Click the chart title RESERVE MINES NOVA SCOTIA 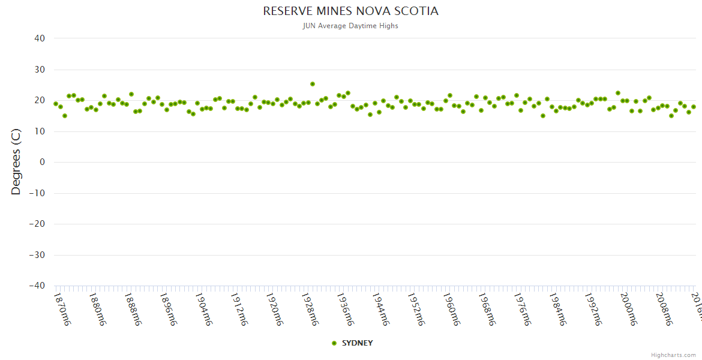pyautogui.click(x=350, y=11)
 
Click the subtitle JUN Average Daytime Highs pyautogui.click(x=350, y=26)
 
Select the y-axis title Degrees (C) pyautogui.click(x=16, y=162)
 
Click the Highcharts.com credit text pyautogui.click(x=673, y=355)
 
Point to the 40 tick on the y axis pyautogui.click(x=40, y=38)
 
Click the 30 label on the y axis pyautogui.click(x=40, y=70)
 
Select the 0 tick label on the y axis pyautogui.click(x=42, y=162)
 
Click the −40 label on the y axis pyautogui.click(x=37, y=286)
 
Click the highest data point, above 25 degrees pyautogui.click(x=313, y=84)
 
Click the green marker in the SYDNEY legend pyautogui.click(x=334, y=343)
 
